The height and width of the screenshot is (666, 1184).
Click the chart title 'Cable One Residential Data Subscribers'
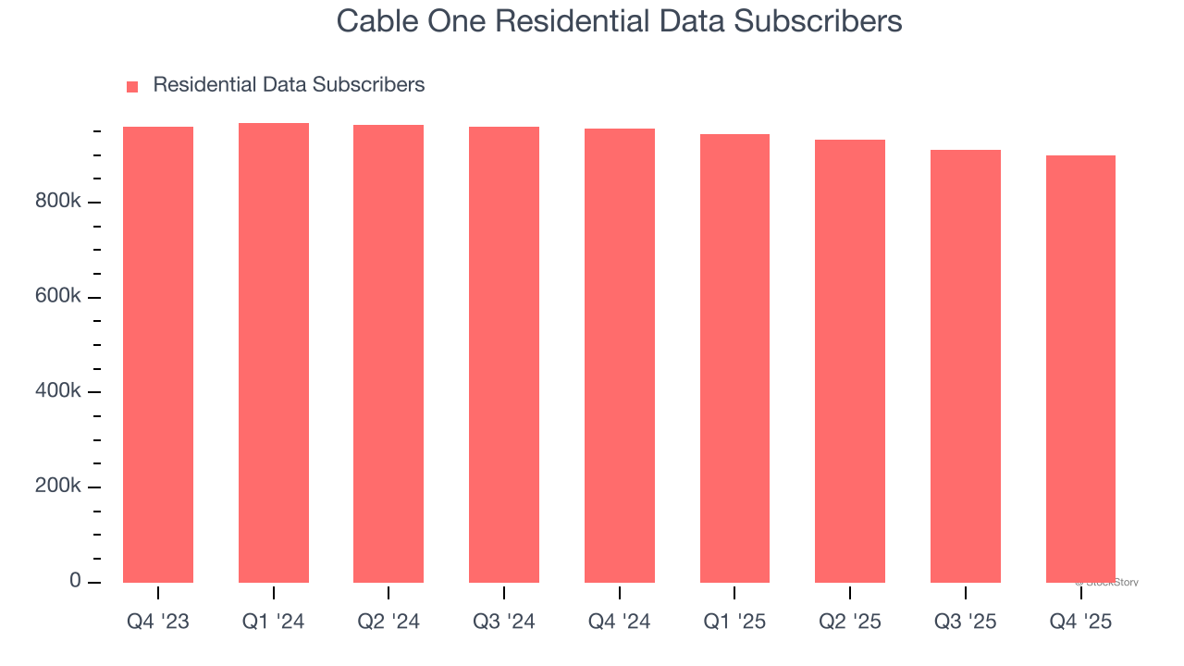tap(619, 20)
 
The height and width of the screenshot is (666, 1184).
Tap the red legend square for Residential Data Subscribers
tap(132, 86)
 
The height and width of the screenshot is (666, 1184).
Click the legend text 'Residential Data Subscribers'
tap(289, 85)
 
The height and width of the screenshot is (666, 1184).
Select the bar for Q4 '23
tap(158, 354)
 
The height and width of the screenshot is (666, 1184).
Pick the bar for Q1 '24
tap(274, 352)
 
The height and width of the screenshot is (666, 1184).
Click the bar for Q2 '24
tap(388, 353)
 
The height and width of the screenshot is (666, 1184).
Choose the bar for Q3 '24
tap(504, 354)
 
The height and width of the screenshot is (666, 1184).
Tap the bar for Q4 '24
tap(619, 355)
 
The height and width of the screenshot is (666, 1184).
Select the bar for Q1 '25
tap(734, 358)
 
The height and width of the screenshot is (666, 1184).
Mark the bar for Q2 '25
tap(850, 361)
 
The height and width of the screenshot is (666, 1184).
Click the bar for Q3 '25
tap(965, 366)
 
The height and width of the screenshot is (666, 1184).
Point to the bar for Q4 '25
tap(1080, 369)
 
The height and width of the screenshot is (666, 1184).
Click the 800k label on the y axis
tap(58, 202)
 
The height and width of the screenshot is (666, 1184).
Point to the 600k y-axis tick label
tap(58, 297)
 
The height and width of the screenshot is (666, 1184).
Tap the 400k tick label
tap(58, 391)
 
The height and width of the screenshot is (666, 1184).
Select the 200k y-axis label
tap(58, 487)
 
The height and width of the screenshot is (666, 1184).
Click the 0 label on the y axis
tap(75, 581)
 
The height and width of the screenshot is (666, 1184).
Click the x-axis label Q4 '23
tap(158, 622)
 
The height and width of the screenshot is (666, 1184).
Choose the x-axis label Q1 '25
tap(734, 622)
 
